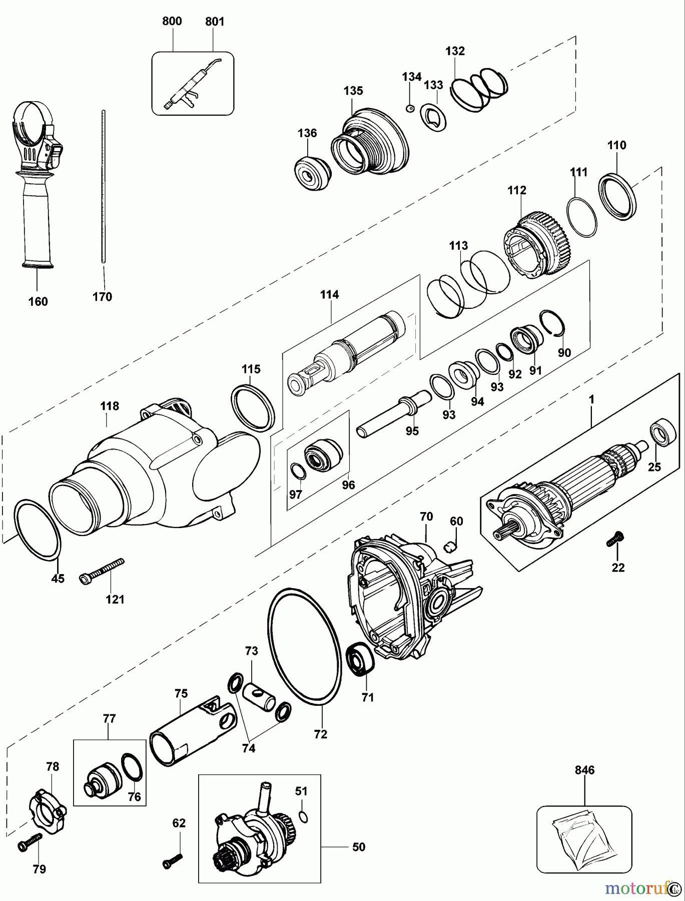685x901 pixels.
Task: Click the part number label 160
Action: [38, 301]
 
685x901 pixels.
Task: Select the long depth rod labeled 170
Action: [103, 185]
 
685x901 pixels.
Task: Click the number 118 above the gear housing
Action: [109, 406]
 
